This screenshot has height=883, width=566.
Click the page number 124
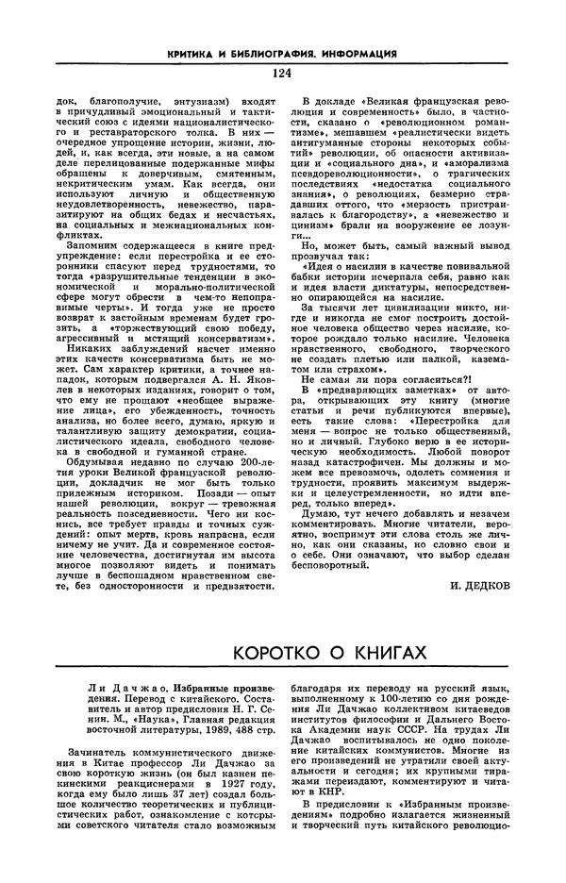click(x=282, y=73)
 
